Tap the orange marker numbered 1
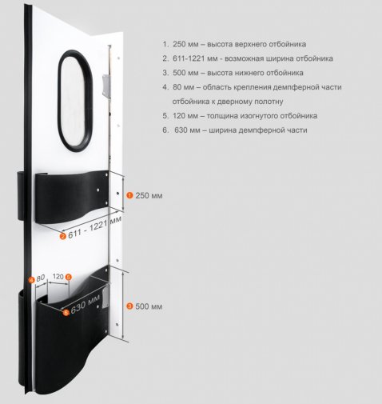[x=129, y=195]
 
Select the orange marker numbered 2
[x=63, y=236]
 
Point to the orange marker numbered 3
[x=129, y=306]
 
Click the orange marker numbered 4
[x=32, y=280]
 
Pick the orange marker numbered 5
[x=69, y=277]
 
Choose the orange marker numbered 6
[x=66, y=312]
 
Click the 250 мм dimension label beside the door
[x=149, y=195]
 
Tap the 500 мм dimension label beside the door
[x=149, y=306]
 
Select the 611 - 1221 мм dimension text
[x=95, y=227]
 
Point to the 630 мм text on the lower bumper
[x=86, y=304]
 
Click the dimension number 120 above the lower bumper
[x=58, y=277]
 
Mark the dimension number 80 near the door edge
[x=41, y=278]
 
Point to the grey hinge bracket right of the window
[x=106, y=86]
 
